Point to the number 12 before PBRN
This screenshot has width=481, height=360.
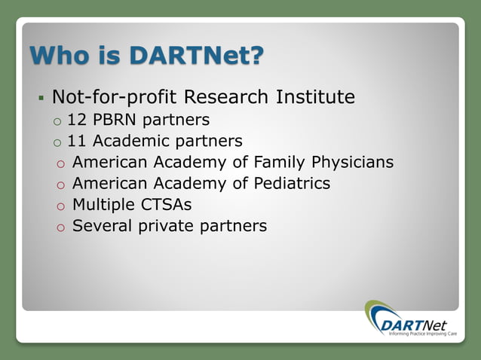tap(76, 120)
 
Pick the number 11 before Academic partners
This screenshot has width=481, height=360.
tap(76, 141)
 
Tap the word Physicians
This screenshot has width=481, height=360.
tap(354, 162)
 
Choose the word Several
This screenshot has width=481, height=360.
tap(103, 225)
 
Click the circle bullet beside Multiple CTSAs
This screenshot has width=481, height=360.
tap(60, 206)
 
